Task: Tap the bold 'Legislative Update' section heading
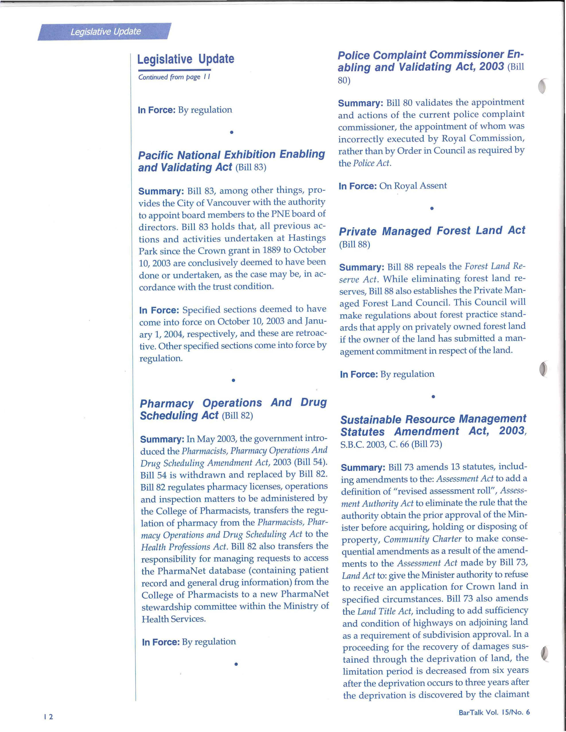coord(186,59)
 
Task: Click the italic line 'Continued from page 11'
coord(174,77)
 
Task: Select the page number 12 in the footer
coord(48,717)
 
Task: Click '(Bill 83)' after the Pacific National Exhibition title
coord(251,167)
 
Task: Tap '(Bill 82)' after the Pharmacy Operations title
coord(237,416)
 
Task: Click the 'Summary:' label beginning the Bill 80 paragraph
coord(360,103)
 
